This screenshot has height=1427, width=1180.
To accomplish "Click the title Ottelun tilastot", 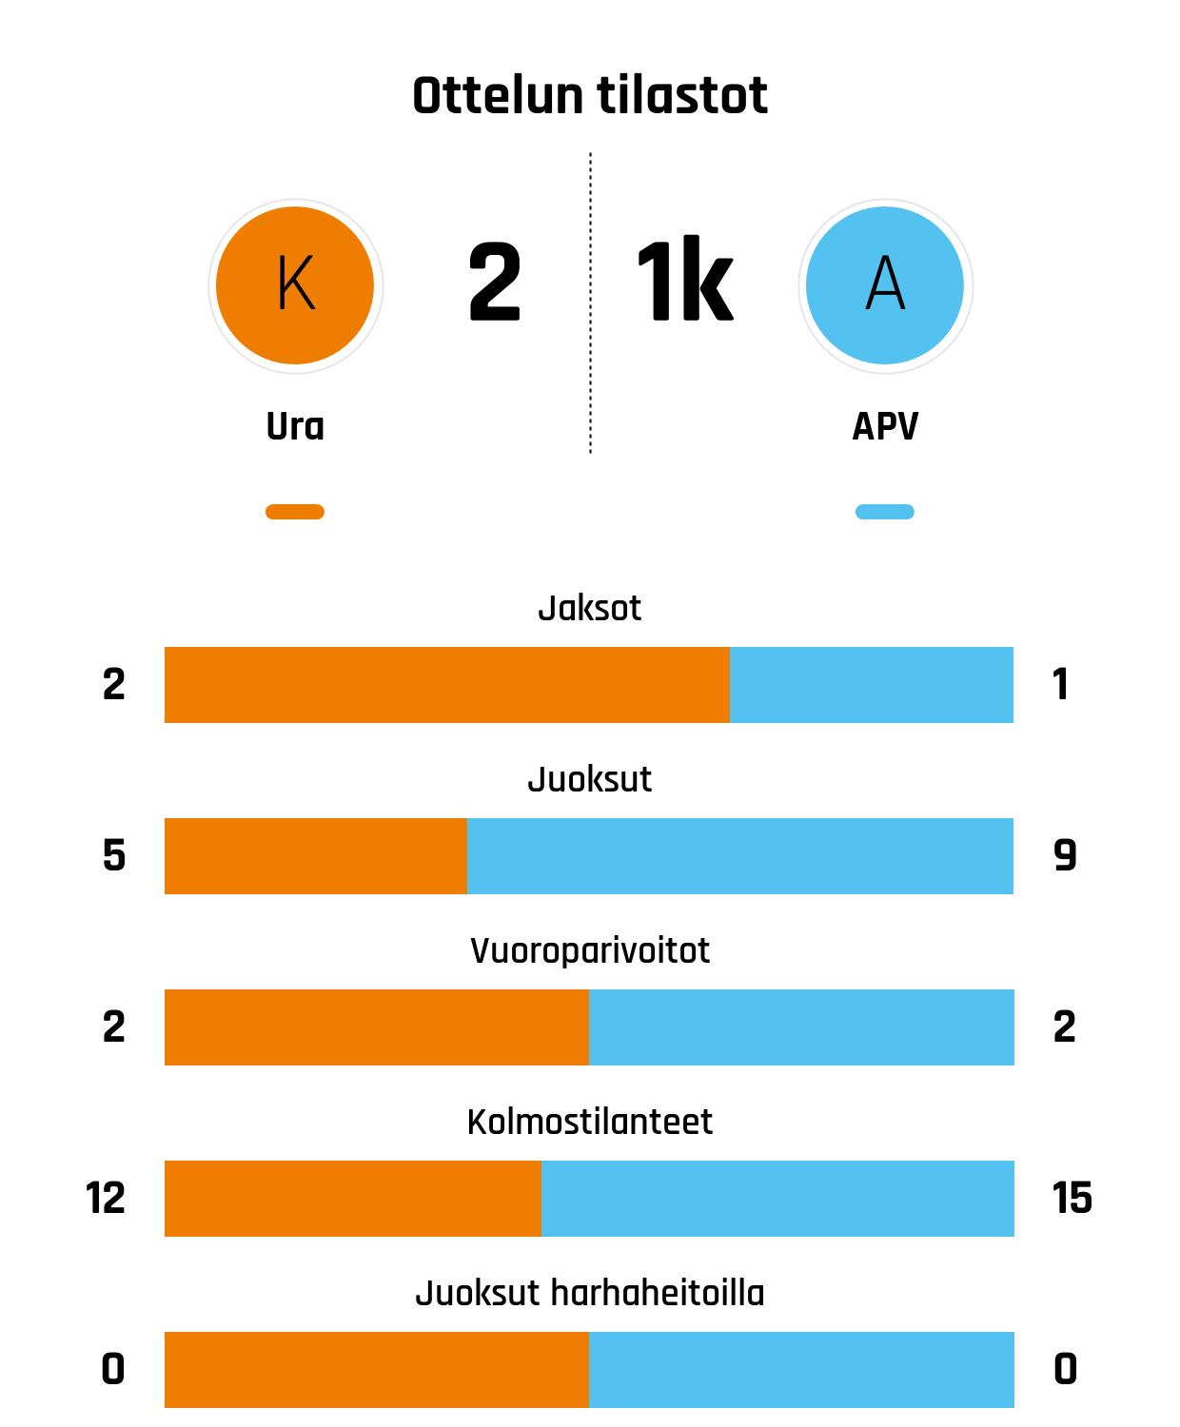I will (590, 96).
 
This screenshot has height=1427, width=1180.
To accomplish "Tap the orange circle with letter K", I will (295, 284).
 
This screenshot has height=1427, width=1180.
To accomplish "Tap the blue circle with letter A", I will (885, 284).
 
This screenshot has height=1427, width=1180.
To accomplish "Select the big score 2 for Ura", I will (495, 283).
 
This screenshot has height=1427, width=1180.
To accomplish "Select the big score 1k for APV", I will (684, 283).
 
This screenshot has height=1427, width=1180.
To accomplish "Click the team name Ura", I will (295, 427).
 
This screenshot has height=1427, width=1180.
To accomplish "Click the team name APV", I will (885, 427).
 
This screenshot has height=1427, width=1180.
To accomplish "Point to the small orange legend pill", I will (295, 512).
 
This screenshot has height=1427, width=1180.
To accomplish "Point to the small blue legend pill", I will (885, 512).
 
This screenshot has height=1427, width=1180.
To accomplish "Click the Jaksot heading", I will (590, 608).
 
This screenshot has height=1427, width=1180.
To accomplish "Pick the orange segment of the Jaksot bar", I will (446, 685).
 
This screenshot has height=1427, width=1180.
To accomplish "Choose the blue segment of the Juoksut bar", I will (739, 856).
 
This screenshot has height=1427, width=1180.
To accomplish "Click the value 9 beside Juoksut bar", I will (1065, 856).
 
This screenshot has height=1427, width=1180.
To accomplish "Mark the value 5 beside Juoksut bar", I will (114, 856).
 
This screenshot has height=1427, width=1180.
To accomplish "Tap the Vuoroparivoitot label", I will (590, 950).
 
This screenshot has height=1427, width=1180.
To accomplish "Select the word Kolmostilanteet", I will (590, 1122).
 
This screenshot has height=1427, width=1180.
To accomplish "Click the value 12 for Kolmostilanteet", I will (106, 1199).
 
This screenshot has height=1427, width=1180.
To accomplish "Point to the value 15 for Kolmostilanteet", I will (1072, 1199).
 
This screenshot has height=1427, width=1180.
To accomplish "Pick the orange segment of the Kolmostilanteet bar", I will (352, 1199).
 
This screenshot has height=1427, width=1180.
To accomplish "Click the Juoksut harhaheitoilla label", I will (590, 1293).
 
